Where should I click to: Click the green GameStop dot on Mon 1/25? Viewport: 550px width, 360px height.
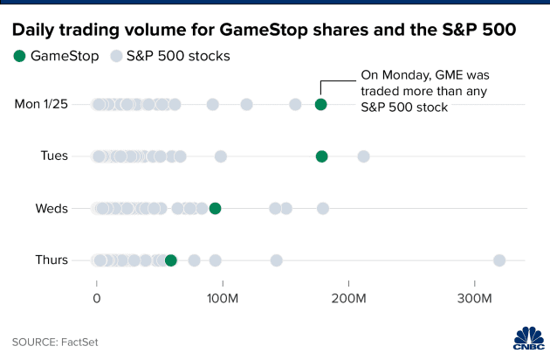point(320,105)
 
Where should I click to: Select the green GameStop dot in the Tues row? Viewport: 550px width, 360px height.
point(321,156)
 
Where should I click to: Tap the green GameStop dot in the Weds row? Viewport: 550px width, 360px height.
point(215,208)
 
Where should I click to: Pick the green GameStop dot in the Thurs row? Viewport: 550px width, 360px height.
point(170,260)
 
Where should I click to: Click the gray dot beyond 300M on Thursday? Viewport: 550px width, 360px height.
point(499,260)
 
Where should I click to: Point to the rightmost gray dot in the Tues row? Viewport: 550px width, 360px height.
point(363,156)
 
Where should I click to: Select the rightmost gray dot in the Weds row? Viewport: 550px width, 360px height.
point(323,208)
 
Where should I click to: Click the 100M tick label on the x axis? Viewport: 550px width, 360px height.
point(223,299)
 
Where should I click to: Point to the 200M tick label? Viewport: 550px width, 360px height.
point(349,299)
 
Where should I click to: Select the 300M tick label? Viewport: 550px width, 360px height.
point(475,299)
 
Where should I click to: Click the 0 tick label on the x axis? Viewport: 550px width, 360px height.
point(97,299)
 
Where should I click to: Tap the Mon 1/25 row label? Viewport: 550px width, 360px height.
point(41,105)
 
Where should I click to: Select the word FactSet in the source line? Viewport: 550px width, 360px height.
point(79,342)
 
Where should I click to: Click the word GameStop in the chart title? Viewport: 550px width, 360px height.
point(273,29)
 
